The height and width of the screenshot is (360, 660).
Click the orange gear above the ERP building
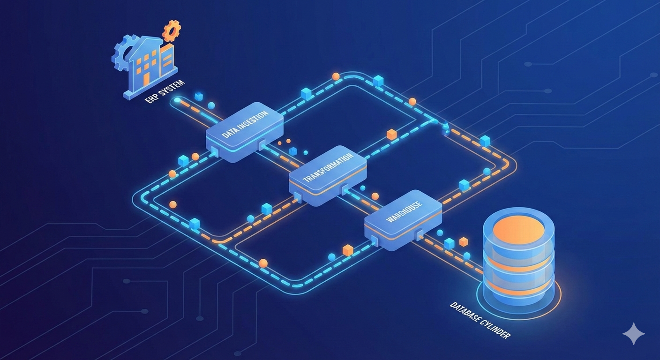pos(171,31)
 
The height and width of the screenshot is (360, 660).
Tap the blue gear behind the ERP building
pos(121,54)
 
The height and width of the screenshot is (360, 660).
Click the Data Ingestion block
pos(245,131)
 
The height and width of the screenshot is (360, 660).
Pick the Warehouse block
pos(403,219)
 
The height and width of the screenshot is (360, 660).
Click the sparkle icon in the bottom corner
pos(633,333)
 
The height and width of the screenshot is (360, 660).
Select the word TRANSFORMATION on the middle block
pos(327,170)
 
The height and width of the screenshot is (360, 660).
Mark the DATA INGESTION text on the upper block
pos(244,125)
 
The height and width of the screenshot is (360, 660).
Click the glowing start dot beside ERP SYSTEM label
pos(177,100)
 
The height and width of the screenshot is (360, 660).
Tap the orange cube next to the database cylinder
pos(464,242)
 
